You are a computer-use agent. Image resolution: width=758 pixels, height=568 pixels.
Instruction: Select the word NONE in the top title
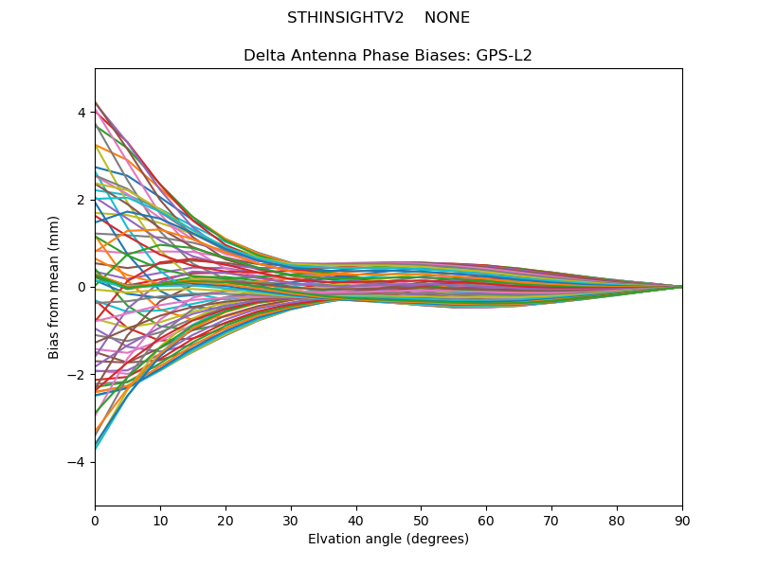(x=447, y=18)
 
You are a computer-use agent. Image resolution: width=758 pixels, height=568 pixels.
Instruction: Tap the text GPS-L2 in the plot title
(x=504, y=56)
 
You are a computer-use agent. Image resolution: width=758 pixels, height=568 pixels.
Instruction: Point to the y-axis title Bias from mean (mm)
(x=54, y=287)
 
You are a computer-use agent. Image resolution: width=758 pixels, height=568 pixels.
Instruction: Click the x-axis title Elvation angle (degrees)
(x=388, y=540)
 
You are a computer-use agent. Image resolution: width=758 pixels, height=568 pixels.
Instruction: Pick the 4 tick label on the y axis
(x=81, y=113)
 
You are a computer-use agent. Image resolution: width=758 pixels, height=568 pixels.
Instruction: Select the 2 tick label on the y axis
(x=81, y=200)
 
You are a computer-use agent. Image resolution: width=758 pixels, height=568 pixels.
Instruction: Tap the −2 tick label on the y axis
(x=78, y=375)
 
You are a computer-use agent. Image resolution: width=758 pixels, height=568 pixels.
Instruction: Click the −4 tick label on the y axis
(x=78, y=462)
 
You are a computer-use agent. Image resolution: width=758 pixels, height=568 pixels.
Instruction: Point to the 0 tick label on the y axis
(x=81, y=287)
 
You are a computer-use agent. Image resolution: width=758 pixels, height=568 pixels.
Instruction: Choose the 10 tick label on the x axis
(x=160, y=521)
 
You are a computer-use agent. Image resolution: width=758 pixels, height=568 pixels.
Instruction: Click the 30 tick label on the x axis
(x=291, y=521)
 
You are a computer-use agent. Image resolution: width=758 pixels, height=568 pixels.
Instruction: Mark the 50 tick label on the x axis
(x=421, y=521)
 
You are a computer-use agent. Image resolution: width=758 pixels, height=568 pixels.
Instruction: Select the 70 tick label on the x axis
(x=551, y=521)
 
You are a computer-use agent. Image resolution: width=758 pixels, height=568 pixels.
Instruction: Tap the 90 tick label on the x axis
(x=682, y=521)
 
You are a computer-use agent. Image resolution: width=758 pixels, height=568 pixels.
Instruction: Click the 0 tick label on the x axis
(x=95, y=521)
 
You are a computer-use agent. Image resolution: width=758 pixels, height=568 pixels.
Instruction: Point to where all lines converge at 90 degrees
(x=681, y=287)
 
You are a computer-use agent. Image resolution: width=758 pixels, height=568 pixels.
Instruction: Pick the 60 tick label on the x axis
(x=486, y=521)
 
